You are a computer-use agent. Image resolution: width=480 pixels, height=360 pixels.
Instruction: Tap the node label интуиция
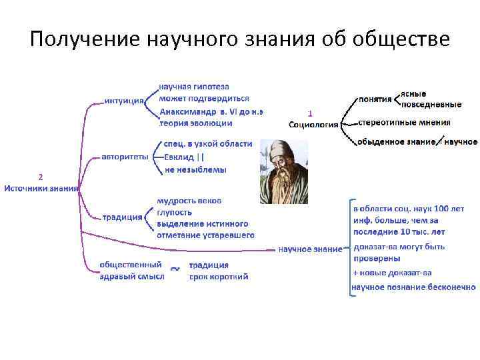(125, 101)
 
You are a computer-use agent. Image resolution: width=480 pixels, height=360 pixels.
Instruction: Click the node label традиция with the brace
(123, 217)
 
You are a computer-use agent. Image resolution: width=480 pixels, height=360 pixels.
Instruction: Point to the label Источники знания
(41, 188)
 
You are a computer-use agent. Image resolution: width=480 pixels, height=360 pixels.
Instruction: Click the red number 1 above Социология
(310, 113)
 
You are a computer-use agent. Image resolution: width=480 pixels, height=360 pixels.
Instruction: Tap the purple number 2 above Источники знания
(41, 177)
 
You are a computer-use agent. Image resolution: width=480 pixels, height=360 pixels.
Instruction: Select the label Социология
(313, 124)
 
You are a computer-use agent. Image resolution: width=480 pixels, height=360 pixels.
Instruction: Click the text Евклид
(179, 157)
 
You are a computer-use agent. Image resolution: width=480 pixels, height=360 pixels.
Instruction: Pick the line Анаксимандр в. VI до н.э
(211, 111)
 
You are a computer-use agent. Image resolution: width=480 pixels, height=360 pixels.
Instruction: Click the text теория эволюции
(196, 123)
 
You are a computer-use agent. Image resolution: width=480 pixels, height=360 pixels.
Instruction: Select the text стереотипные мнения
(404, 123)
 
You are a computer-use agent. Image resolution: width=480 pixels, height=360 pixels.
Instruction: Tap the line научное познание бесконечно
(413, 287)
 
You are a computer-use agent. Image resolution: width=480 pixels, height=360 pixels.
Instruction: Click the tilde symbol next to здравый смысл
(174, 269)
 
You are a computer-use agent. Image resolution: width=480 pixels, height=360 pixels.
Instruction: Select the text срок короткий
(219, 276)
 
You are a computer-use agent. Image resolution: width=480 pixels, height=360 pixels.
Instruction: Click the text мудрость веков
(189, 200)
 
